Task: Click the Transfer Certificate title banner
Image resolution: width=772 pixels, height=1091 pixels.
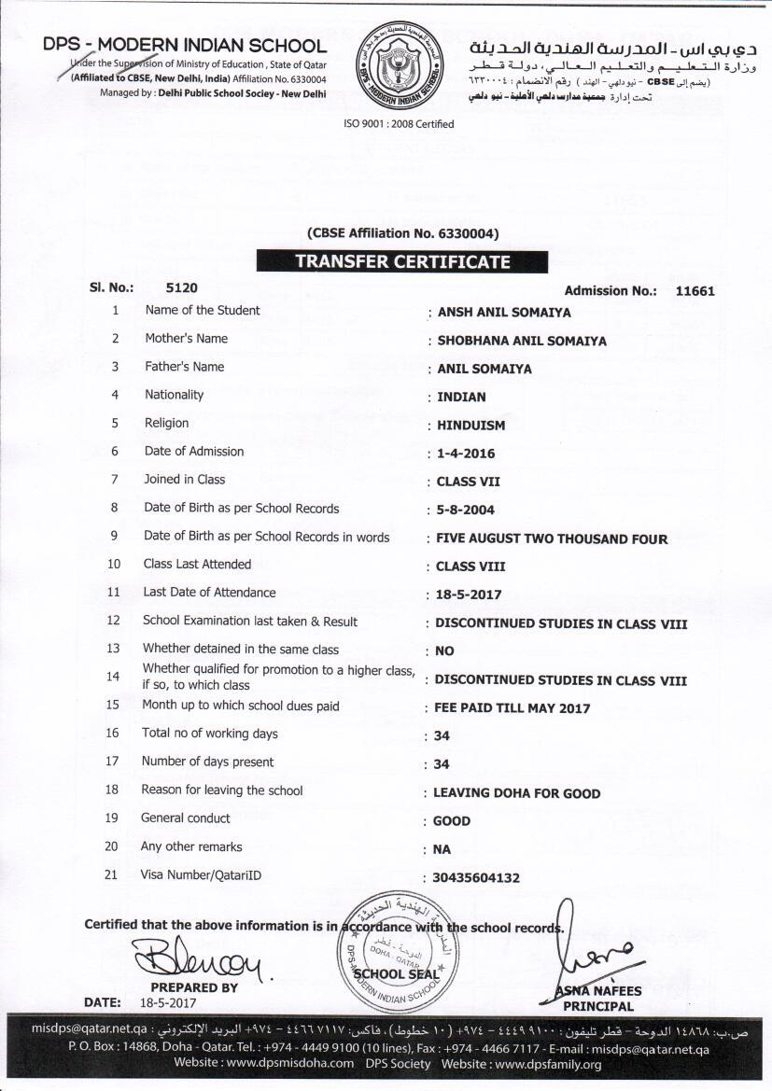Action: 403,261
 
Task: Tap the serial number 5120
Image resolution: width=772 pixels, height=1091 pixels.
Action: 181,288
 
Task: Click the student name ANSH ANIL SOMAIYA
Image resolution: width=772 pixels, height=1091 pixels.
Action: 504,313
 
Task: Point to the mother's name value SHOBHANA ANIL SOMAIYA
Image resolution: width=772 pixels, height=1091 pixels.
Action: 522,341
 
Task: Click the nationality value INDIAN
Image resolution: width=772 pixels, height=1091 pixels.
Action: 461,397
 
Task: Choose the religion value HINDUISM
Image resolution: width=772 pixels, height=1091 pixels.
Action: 470,426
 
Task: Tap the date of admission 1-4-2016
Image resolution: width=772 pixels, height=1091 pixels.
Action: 466,455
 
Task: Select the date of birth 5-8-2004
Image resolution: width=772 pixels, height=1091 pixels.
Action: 466,511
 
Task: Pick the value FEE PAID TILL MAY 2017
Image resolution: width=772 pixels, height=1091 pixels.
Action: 512,708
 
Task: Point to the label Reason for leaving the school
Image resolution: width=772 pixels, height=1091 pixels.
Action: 222,790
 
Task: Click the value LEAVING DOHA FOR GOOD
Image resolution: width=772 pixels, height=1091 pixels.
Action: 517,793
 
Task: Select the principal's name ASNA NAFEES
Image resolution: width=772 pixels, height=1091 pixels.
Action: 598,991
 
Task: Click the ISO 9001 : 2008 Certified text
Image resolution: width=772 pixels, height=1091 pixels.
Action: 399,124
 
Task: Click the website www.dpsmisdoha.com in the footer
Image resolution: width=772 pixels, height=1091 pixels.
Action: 290,1063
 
